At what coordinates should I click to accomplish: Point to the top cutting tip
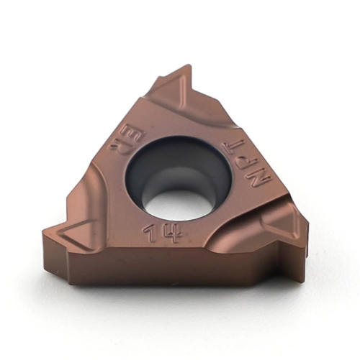(x=188, y=69)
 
